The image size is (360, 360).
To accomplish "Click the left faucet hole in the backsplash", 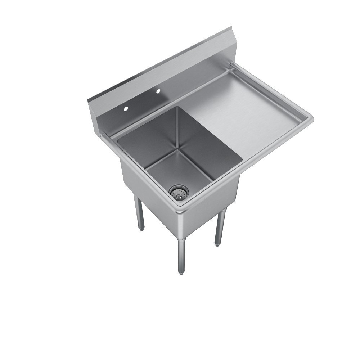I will point(126,108).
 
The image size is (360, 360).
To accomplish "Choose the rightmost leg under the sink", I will point(220,227).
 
